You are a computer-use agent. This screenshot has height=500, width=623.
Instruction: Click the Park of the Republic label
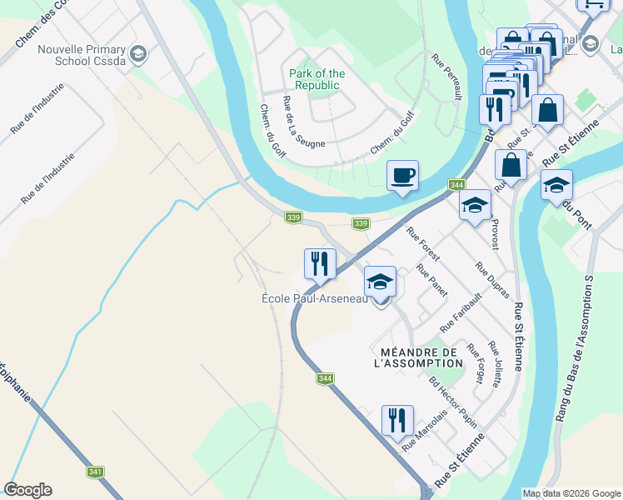316,79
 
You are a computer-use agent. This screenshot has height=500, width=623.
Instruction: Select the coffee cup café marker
402,176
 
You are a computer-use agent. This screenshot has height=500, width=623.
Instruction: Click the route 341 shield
95,472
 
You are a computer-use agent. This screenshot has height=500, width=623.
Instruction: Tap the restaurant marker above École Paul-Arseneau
319,264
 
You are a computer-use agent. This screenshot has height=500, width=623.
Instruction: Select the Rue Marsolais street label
426,435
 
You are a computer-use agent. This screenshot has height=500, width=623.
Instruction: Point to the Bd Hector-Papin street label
453,404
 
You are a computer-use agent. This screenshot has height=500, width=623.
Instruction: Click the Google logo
28,489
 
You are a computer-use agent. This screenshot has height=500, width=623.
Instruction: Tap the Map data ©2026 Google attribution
571,493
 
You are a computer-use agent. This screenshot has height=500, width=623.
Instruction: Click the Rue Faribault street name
461,312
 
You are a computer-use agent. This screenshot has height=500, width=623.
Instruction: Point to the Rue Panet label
431,281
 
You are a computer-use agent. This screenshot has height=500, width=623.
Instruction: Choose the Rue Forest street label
423,244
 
